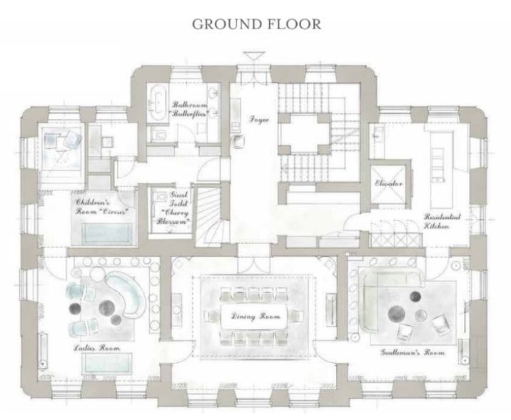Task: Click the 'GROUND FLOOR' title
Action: (256, 24)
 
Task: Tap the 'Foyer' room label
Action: (258, 120)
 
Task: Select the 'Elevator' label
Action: (390, 184)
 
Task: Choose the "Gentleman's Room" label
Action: (413, 352)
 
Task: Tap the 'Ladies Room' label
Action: (96, 348)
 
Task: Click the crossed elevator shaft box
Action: (390, 184)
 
